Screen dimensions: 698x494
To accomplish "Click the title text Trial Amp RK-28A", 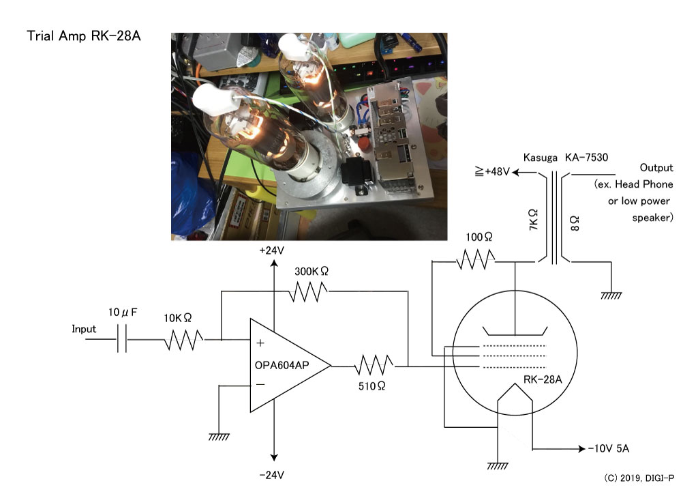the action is click(84, 35).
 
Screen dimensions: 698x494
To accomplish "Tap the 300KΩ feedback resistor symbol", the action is click(308, 292).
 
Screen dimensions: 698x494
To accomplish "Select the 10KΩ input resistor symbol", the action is click(184, 340).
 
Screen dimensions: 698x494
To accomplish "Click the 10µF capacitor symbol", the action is click(122, 339).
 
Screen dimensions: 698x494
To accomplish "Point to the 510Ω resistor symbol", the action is click(374, 365).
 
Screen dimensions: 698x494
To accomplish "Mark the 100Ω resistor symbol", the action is click(476, 260).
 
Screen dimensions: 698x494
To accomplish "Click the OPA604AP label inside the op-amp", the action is click(282, 365).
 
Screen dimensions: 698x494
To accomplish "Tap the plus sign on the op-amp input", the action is click(260, 343).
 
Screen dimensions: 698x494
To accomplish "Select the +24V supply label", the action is click(271, 250).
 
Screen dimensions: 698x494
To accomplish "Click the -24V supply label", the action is click(271, 476).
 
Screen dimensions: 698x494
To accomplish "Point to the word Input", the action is click(84, 329).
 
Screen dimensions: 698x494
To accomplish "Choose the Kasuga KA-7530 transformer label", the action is click(565, 157).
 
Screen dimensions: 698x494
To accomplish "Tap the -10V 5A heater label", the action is click(609, 448).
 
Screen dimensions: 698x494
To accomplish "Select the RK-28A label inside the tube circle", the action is click(543, 379).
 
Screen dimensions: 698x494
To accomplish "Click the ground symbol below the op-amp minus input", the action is click(219, 437).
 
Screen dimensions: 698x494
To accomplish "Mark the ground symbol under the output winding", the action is click(611, 295).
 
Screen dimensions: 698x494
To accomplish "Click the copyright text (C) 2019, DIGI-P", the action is click(639, 478).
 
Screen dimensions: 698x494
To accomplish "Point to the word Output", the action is click(656, 167).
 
